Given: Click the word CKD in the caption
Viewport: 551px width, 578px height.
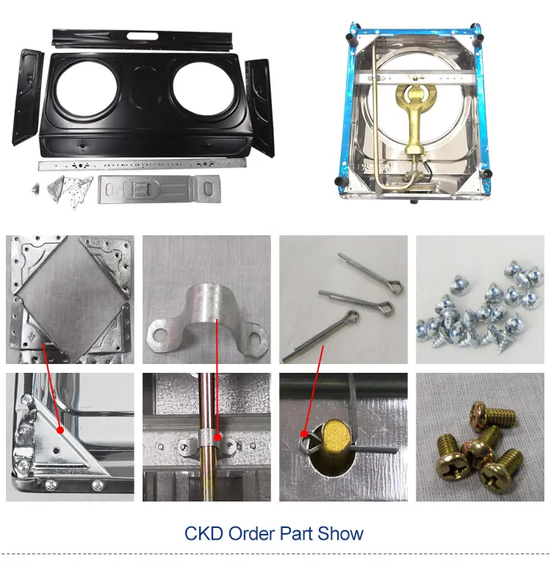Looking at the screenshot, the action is point(204,533).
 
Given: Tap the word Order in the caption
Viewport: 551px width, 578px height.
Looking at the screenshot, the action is point(251,533).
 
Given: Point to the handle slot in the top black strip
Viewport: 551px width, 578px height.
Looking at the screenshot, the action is point(143,37).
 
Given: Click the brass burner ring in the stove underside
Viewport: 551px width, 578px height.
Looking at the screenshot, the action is point(417,97).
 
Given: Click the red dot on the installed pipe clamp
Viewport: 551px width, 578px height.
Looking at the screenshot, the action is point(217,438).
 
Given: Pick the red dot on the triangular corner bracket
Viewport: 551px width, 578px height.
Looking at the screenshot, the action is point(60,429).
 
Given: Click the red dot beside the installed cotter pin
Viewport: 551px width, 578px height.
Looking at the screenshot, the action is point(304,434).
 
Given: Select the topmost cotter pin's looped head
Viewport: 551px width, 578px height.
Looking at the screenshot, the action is point(395,286).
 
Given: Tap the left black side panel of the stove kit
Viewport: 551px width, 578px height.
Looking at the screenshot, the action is point(28,97).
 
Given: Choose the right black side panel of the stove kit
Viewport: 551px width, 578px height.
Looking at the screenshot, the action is point(260,107).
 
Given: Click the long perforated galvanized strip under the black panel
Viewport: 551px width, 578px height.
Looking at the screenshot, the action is point(143,164).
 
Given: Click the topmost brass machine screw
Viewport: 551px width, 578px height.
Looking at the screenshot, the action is point(491,415).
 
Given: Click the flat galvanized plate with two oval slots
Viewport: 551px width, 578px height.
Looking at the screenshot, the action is point(159,189).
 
